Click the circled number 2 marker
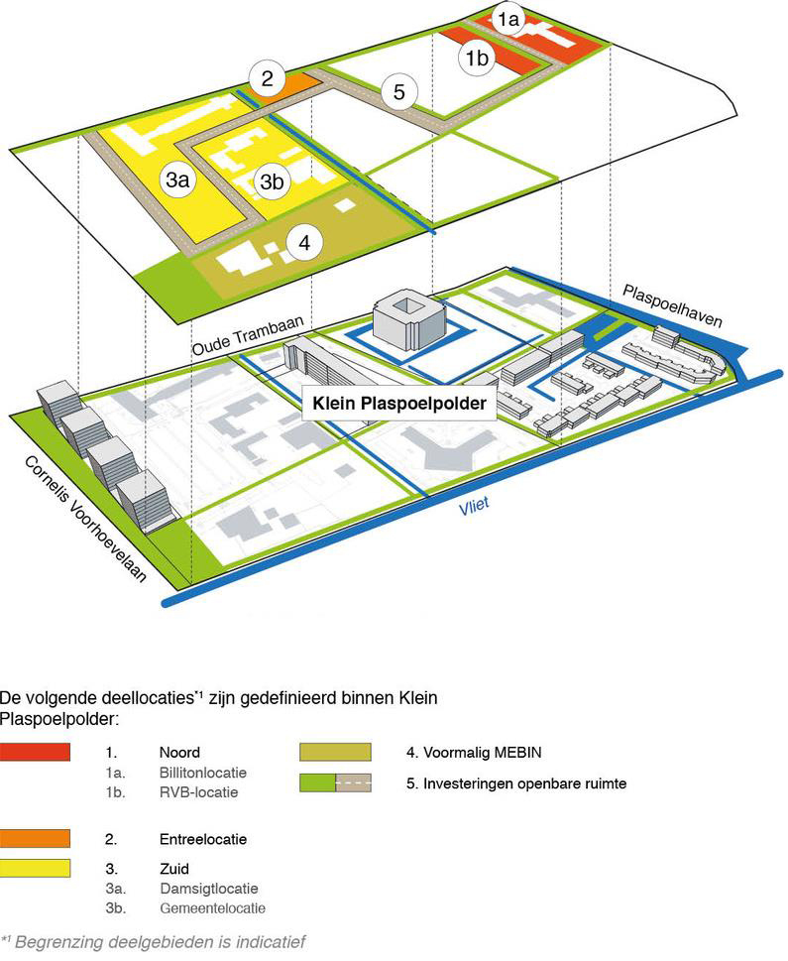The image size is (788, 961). coord(268,77)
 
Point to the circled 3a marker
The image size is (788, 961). coord(178,180)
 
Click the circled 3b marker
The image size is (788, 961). coord(272,181)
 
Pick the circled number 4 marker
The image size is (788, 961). coord(304,242)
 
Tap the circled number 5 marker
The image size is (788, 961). coord(398,92)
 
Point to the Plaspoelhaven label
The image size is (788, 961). coord(672,306)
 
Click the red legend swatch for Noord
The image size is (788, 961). coord(36,752)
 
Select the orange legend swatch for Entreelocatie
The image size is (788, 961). coord(36,838)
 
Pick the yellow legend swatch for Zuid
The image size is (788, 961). coord(36,869)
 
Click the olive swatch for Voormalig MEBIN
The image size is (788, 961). coord(334,752)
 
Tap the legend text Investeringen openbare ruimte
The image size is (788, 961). coord(516,783)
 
